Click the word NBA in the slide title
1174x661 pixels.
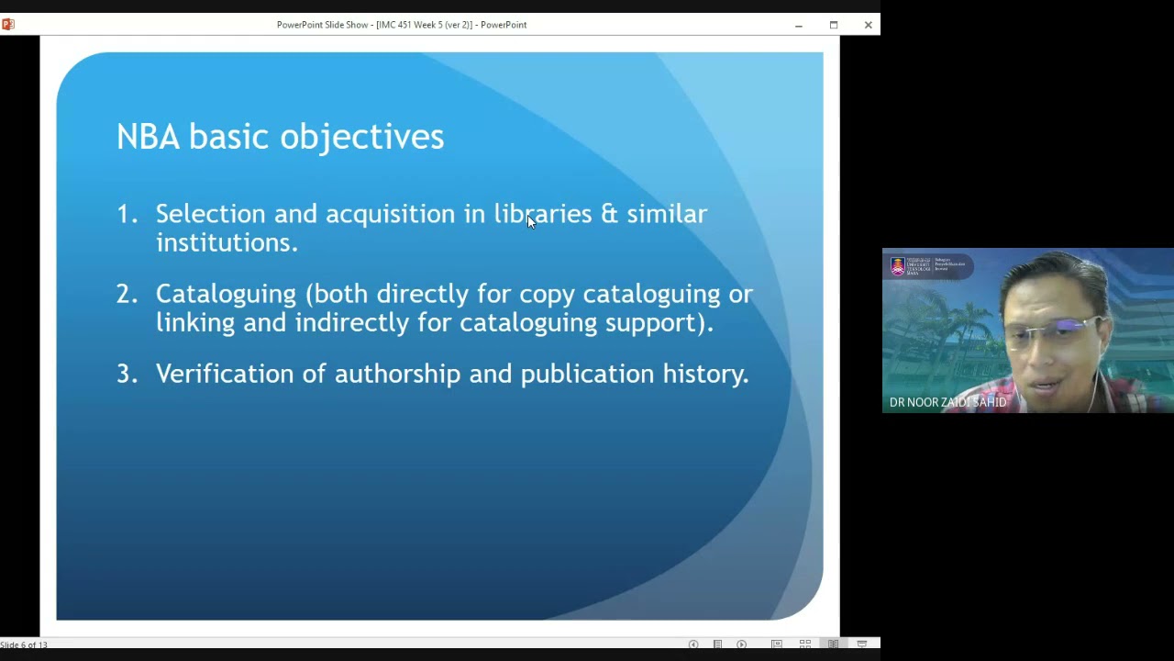(x=148, y=137)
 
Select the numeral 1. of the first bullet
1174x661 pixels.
(x=127, y=214)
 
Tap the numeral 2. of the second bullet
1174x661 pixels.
(x=127, y=294)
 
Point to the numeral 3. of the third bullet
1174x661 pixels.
(x=127, y=374)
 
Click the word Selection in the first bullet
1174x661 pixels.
(x=210, y=214)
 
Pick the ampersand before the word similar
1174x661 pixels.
(x=609, y=214)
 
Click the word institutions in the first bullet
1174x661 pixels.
(x=226, y=242)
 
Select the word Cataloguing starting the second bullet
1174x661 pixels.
(x=226, y=294)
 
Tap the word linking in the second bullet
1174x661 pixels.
(x=194, y=322)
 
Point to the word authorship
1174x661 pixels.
(x=397, y=374)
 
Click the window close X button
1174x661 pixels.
(x=868, y=25)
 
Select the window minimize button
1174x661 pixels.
(x=798, y=25)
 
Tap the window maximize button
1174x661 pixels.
(x=833, y=25)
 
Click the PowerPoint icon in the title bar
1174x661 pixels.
(x=8, y=25)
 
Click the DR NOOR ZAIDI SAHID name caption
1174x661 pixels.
(x=947, y=402)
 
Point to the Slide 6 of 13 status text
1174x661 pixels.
(x=24, y=644)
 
